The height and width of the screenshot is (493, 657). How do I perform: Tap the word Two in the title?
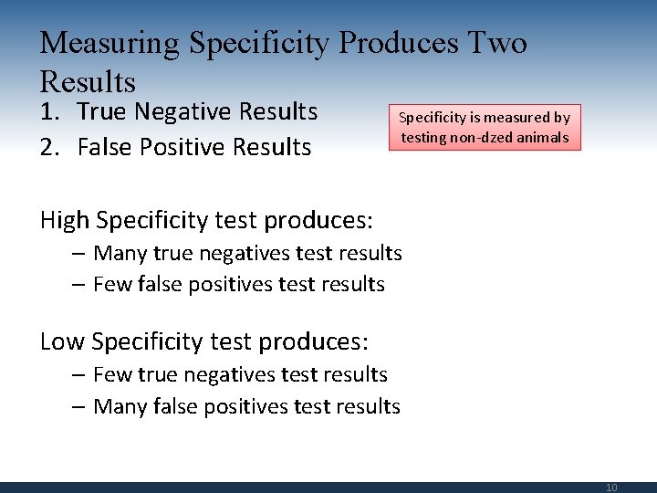[497, 43]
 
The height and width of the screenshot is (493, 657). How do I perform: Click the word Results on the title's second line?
[88, 82]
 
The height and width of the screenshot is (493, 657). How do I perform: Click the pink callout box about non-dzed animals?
[485, 128]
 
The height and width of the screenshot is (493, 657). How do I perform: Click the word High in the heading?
[65, 220]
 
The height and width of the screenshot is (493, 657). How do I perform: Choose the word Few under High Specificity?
[113, 284]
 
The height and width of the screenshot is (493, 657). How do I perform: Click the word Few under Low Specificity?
[113, 374]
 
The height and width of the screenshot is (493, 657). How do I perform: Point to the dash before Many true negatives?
[79, 253]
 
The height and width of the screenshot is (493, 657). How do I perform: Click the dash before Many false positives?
[79, 406]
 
